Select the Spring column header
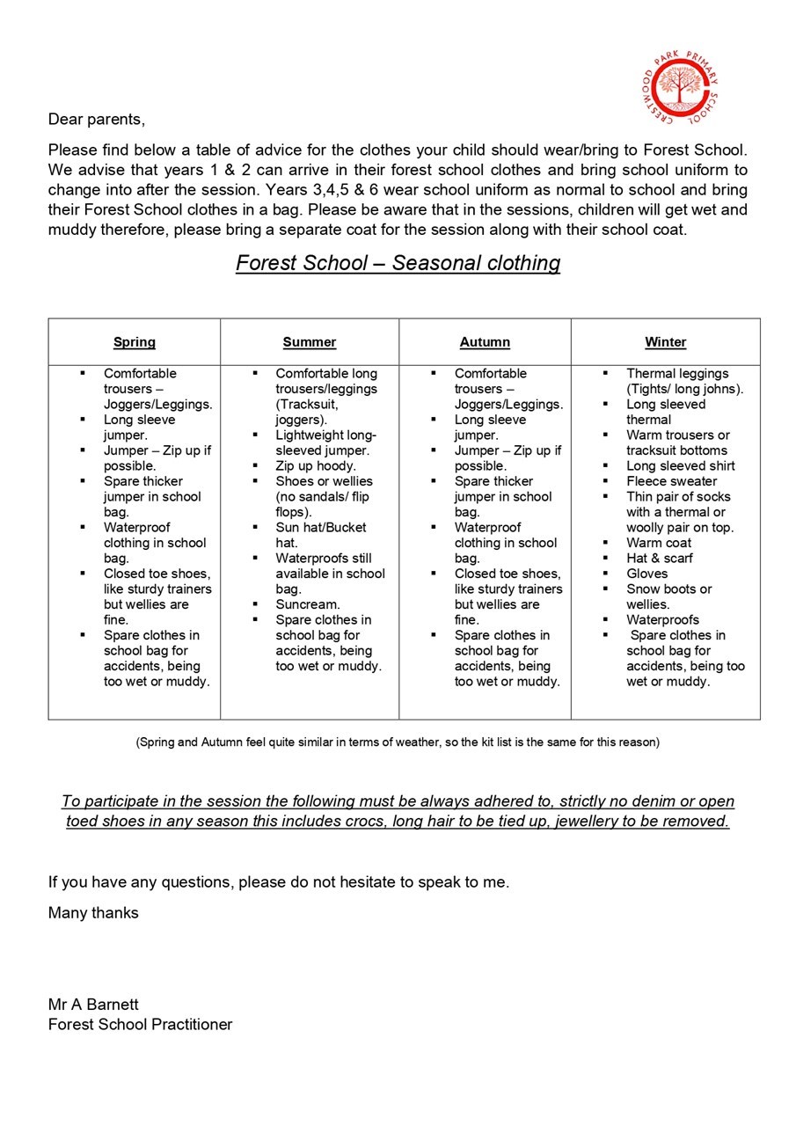pos(135,342)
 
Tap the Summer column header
pos(310,342)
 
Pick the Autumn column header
pos(485,342)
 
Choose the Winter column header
pos(665,342)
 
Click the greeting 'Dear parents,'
pos(96,120)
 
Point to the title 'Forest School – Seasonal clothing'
pos(398,263)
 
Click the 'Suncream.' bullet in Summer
pos(308,604)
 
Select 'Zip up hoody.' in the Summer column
pos(316,465)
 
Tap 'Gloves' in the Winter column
pos(647,574)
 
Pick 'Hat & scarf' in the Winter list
pos(660,558)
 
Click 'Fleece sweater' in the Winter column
pos(672,481)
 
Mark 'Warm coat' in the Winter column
pos(659,543)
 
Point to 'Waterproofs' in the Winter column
pos(663,619)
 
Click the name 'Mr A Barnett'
pos(93,1005)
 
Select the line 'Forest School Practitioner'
pos(140,1024)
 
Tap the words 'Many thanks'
pos(93,913)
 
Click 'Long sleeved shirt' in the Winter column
pos(681,465)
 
